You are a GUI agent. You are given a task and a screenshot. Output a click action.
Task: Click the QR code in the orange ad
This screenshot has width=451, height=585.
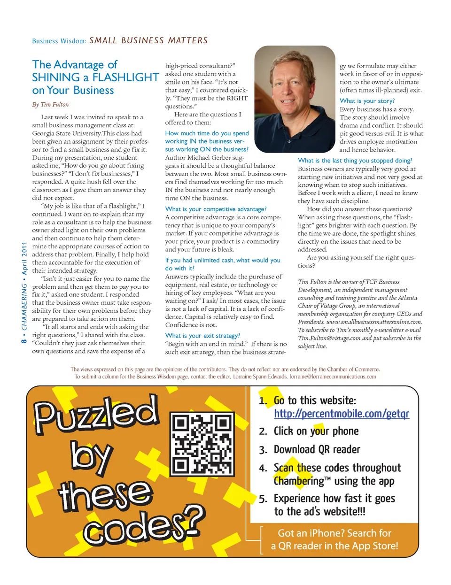coord(202,444)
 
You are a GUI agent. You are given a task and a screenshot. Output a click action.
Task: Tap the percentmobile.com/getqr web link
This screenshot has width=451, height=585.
coord(342,414)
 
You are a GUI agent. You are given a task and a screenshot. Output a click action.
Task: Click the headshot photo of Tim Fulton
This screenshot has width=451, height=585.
coord(295,99)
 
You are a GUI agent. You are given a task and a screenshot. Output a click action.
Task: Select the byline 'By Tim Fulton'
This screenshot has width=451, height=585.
coord(50,104)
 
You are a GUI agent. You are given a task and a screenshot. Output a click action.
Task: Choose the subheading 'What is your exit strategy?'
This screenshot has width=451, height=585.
coord(202,336)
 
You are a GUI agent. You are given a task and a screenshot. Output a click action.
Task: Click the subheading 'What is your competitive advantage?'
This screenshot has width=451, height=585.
coord(216,209)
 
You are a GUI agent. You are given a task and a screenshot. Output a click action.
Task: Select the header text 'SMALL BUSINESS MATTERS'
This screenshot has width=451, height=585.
coord(148,40)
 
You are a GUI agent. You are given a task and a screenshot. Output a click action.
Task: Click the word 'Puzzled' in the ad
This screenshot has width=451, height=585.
coord(96,413)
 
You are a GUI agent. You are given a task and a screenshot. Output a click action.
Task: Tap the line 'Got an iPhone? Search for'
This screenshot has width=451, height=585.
coord(334,533)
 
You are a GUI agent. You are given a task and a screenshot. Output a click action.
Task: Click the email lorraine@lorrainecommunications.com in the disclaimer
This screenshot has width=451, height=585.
coord(333,377)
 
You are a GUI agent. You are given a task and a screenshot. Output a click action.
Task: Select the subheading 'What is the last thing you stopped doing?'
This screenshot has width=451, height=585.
coord(355,161)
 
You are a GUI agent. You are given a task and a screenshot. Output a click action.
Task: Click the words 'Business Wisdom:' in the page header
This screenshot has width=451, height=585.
coord(59,41)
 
